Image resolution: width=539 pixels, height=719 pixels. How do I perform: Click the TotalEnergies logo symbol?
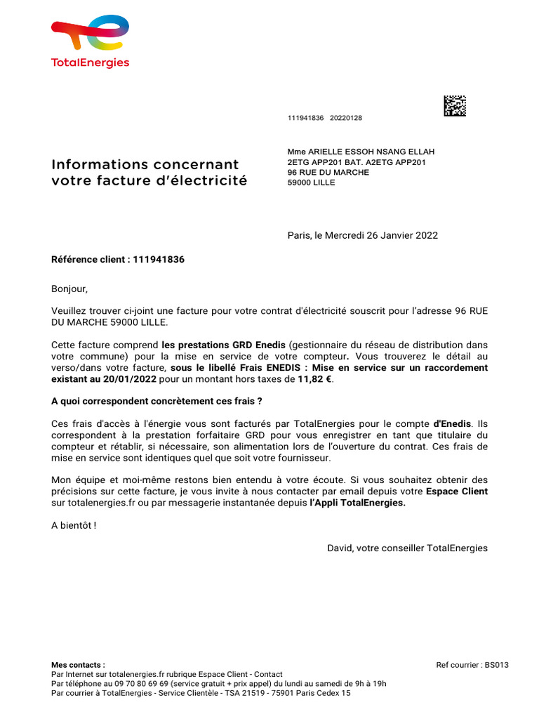point(90,34)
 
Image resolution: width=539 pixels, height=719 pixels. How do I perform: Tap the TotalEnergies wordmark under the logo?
point(90,62)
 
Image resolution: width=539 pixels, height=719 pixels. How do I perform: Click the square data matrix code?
point(455,106)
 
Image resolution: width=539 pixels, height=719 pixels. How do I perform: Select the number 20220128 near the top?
point(346,119)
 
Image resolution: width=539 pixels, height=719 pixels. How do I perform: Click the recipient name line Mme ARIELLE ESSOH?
point(361,152)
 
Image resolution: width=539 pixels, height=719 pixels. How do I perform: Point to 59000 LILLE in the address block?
point(311,183)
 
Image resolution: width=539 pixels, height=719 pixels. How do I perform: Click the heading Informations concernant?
point(145,164)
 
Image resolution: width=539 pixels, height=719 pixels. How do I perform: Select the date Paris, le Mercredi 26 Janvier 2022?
point(362,235)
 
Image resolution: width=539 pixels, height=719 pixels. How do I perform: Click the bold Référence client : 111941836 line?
point(118,259)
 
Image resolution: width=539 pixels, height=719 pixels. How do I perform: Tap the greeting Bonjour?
point(70,289)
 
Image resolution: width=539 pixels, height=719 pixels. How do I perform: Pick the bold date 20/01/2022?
point(133,378)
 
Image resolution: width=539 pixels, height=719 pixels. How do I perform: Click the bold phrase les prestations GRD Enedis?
point(223,345)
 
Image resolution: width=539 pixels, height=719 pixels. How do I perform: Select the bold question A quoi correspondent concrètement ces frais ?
point(157,401)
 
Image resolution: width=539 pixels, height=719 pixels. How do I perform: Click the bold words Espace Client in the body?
point(457,491)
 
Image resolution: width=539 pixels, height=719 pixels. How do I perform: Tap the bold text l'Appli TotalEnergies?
point(358,503)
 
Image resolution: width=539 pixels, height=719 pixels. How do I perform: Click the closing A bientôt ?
point(74,525)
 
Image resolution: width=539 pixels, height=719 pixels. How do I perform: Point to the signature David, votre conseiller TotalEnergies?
point(407,548)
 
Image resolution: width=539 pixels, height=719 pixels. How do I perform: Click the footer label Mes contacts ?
point(79,664)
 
